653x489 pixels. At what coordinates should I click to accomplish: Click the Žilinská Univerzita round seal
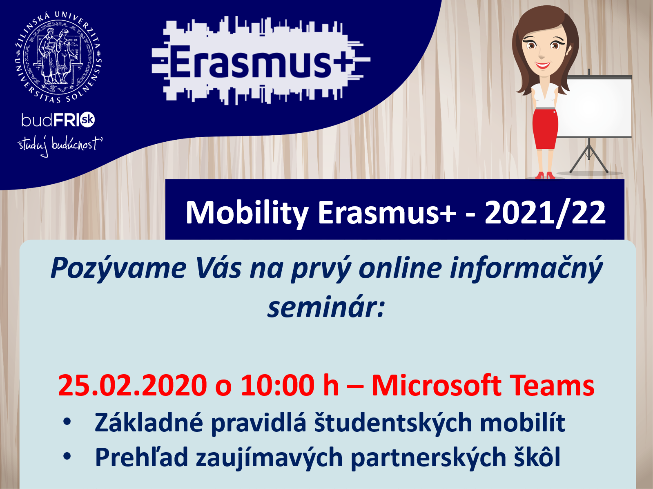click(58, 57)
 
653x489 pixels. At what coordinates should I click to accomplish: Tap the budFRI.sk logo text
click(58, 120)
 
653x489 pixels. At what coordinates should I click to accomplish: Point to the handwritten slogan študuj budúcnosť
click(60, 146)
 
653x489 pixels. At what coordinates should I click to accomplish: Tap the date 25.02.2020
click(133, 385)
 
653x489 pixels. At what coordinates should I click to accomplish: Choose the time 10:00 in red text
click(277, 385)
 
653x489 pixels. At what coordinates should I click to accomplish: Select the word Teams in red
click(552, 385)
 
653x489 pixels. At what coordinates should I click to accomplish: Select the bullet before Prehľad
click(67, 456)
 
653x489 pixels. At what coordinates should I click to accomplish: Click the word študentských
click(393, 423)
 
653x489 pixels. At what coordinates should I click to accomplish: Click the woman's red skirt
click(545, 129)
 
